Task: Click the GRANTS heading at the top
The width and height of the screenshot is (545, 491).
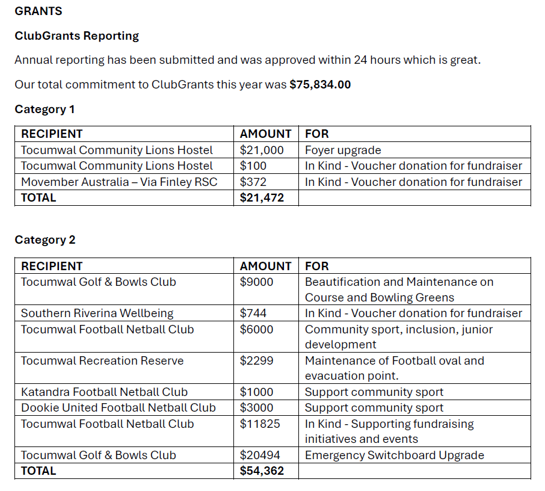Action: tap(38, 11)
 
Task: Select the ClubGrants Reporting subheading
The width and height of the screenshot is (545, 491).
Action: tap(76, 36)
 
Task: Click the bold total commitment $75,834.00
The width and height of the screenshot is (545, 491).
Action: tap(320, 84)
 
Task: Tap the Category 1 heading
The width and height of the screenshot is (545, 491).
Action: tap(45, 109)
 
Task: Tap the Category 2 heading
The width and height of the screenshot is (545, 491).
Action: tap(45, 239)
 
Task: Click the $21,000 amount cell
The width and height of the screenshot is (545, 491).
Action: tap(261, 150)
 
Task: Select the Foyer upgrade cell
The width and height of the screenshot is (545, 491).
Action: tap(343, 150)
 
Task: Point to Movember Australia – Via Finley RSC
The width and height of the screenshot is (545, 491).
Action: tap(119, 182)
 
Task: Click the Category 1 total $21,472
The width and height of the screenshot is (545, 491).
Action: tap(262, 197)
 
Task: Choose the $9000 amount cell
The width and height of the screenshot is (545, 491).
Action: tap(256, 282)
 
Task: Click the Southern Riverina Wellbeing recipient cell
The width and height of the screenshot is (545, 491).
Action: tap(97, 313)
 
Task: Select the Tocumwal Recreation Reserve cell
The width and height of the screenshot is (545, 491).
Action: tap(102, 360)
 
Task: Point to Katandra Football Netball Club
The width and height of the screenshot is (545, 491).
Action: tap(104, 392)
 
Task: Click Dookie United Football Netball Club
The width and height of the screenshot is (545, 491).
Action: tap(118, 407)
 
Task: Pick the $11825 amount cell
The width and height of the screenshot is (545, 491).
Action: tap(260, 424)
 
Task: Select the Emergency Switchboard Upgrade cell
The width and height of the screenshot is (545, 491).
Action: tap(394, 455)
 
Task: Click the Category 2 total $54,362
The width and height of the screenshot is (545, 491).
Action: tap(262, 471)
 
